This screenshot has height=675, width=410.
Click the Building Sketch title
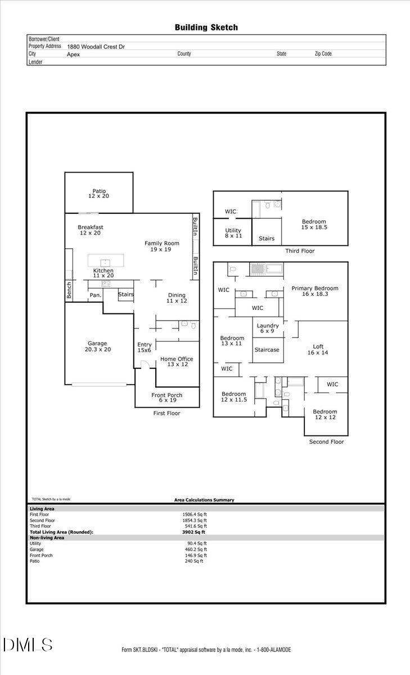206,27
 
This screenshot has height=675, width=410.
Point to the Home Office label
177,362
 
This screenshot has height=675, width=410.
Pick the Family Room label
161,246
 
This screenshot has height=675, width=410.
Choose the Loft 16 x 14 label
318,349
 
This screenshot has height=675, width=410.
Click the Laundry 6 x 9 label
268,328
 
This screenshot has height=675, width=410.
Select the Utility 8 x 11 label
233,233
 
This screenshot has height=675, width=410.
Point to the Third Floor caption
300,251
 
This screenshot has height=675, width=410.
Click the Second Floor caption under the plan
326,442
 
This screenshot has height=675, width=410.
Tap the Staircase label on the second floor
268,350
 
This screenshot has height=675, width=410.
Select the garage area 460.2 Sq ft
196,550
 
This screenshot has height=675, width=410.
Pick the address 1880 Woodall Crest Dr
96,47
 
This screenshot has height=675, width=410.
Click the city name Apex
73,55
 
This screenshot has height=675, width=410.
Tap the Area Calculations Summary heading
204,500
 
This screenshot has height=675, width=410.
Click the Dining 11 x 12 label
176,298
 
